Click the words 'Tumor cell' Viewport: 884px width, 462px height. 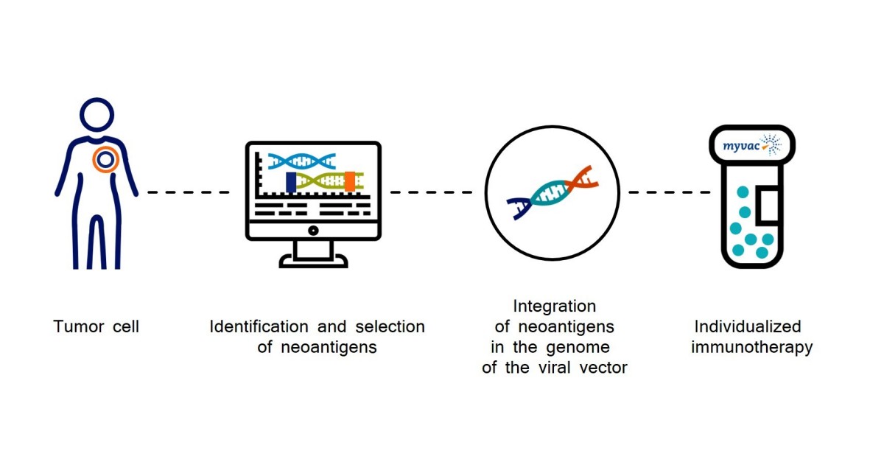coord(96,326)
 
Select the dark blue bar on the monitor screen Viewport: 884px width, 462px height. coord(291,182)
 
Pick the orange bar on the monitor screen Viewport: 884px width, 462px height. coord(349,181)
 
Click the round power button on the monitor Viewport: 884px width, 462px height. coord(313,230)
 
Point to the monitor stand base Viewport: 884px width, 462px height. coord(313,262)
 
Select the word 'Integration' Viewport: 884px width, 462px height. coord(554,306)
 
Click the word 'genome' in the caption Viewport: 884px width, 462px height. coord(583,347)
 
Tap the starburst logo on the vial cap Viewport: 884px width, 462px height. coord(771,144)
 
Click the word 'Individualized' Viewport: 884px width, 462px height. coord(748,326)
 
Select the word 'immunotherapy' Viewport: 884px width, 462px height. coord(751,347)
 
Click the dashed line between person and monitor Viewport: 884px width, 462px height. coord(188,192)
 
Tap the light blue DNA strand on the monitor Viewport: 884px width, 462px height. coord(302,159)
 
